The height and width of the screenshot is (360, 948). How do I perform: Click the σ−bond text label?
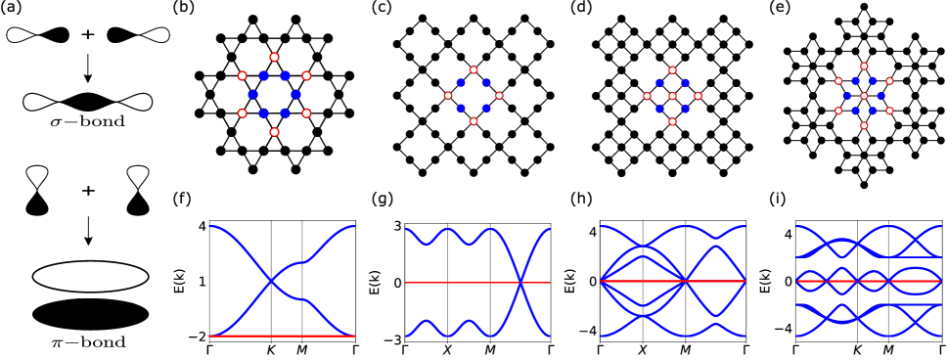pyautogui.click(x=87, y=123)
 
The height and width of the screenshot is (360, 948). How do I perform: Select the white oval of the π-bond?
pyautogui.click(x=90, y=276)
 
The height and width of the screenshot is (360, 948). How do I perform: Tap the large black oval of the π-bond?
pyautogui.click(x=90, y=314)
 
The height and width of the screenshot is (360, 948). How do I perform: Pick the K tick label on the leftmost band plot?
pyautogui.click(x=271, y=349)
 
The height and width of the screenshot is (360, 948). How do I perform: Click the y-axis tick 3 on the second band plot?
pyautogui.click(x=396, y=227)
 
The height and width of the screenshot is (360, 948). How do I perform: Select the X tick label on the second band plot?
pyautogui.click(x=447, y=349)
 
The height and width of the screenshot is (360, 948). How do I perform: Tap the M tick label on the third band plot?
pyautogui.click(x=685, y=349)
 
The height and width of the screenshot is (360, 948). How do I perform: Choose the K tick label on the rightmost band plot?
pyautogui.click(x=857, y=349)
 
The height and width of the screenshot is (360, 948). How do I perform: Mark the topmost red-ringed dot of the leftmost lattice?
pyautogui.click(x=274, y=57)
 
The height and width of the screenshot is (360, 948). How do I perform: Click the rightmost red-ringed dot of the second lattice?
pyautogui.click(x=499, y=96)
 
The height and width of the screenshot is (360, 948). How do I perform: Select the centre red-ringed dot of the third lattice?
pyautogui.click(x=672, y=96)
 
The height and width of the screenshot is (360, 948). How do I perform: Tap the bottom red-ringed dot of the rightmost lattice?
pyautogui.click(x=864, y=125)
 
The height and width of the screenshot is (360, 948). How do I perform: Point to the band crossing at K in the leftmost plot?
pyautogui.click(x=271, y=282)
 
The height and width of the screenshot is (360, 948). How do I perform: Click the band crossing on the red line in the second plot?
pyautogui.click(x=521, y=282)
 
